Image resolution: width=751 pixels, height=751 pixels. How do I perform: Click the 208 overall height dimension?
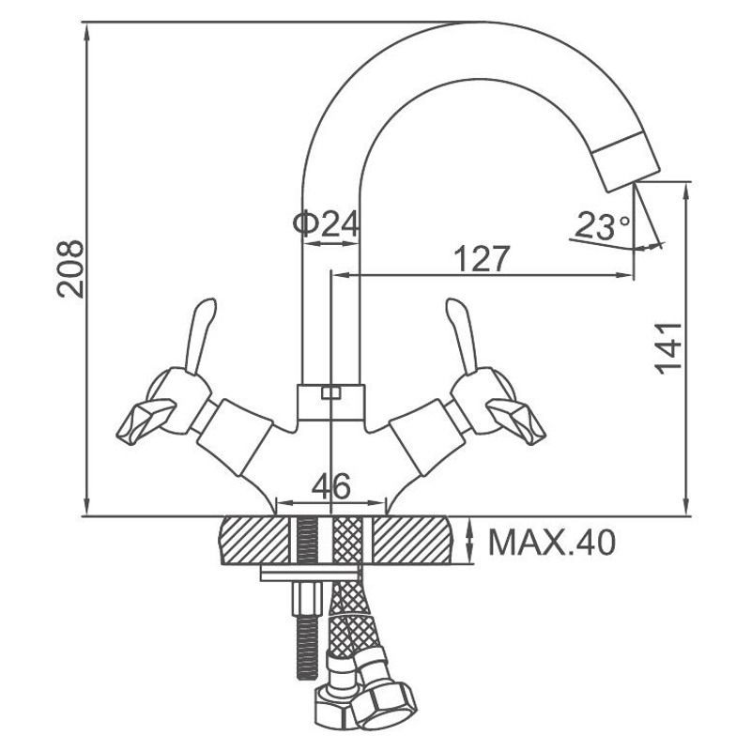coord(70,269)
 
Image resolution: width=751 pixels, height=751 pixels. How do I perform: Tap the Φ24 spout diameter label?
coord(326,223)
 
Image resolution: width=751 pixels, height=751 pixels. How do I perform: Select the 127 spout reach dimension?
coord(481,259)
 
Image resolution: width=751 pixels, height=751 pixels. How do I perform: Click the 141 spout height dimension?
coord(668,348)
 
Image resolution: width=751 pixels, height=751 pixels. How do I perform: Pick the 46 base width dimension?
coord(331,486)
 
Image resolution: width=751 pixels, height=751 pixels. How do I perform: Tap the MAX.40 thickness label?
coord(552,543)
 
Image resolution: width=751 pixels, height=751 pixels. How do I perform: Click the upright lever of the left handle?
coord(200,334)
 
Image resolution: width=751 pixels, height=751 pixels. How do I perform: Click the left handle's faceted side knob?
coord(146,421)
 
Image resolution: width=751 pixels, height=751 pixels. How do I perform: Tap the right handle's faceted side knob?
coord(516,421)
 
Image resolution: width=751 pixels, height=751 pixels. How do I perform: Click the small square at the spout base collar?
coord(330,392)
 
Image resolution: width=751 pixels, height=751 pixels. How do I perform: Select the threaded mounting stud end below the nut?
coord(307,647)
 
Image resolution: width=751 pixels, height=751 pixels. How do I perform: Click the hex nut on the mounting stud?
coord(307,598)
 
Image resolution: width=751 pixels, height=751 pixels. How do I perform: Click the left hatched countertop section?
coord(254,540)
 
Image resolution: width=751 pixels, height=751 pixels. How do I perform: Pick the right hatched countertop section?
coord(411,540)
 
